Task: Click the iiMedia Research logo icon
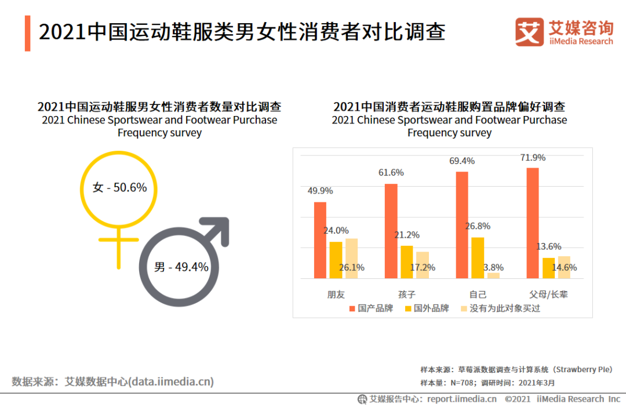pyautogui.click(x=529, y=32)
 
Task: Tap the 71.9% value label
pyautogui.click(x=533, y=158)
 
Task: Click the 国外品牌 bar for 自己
pyautogui.click(x=478, y=257)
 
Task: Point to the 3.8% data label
pyautogui.click(x=493, y=268)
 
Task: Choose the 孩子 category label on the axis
pyautogui.click(x=407, y=294)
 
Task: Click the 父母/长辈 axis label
pyautogui.click(x=548, y=294)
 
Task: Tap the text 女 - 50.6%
pyautogui.click(x=119, y=187)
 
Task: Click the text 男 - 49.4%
pyautogui.click(x=181, y=267)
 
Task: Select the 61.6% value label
pyautogui.click(x=391, y=173)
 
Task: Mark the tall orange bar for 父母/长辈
pyautogui.click(x=533, y=223)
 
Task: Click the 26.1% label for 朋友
pyautogui.click(x=351, y=268)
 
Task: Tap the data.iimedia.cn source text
pyautogui.click(x=171, y=381)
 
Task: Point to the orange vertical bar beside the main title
pyautogui.click(x=27, y=34)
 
